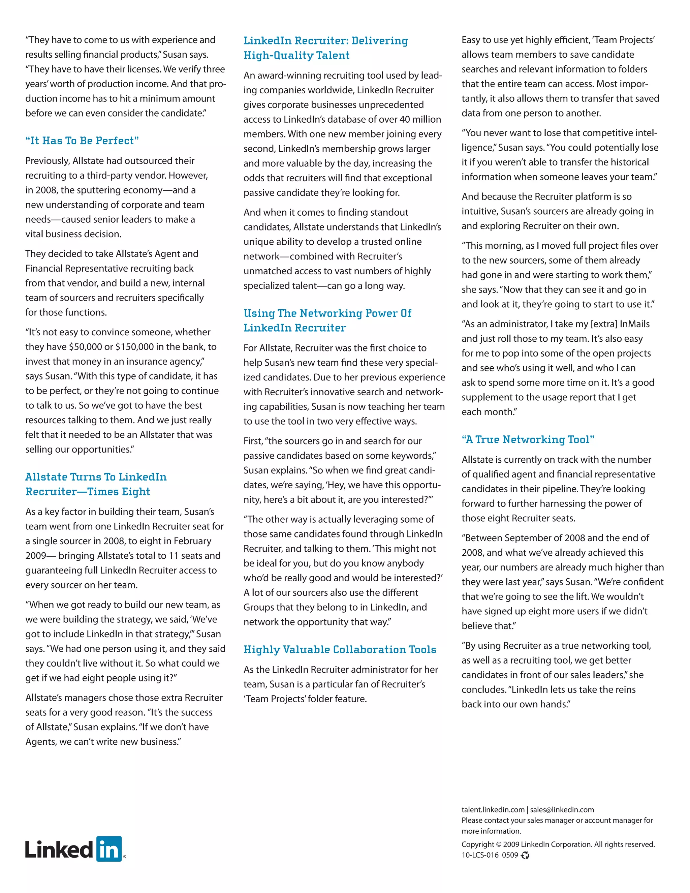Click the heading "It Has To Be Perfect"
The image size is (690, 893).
[82, 141]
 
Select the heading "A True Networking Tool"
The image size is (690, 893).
[528, 439]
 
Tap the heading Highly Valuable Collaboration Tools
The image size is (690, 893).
[340, 649]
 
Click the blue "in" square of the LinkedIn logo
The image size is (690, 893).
[109, 849]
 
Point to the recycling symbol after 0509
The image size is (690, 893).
[525, 855]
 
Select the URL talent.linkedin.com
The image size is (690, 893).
[493, 809]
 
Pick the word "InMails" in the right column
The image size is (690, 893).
[634, 324]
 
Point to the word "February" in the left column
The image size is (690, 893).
[192, 541]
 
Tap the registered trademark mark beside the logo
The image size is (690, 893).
[124, 856]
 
